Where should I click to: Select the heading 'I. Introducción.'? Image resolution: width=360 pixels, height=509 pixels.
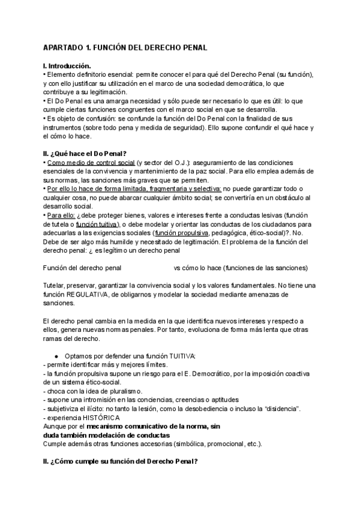[67, 65]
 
